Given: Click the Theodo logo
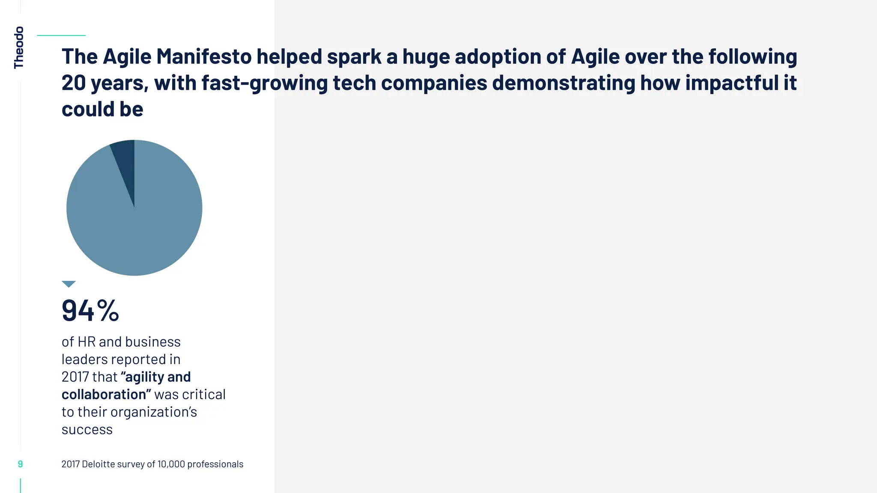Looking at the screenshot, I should [x=19, y=48].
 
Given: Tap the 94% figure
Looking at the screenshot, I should [x=90, y=311].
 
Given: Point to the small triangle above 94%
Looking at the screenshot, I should [x=69, y=284].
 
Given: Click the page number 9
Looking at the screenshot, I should [x=20, y=464].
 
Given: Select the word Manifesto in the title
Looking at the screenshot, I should [x=204, y=56].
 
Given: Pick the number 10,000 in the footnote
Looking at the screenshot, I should [x=171, y=464].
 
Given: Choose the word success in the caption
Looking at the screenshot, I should [x=87, y=430].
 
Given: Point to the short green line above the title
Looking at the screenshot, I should [x=61, y=36].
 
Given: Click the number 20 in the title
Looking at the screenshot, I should [x=74, y=83].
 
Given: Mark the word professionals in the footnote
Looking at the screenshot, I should [x=215, y=464].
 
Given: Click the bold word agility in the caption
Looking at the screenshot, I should [x=143, y=377].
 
